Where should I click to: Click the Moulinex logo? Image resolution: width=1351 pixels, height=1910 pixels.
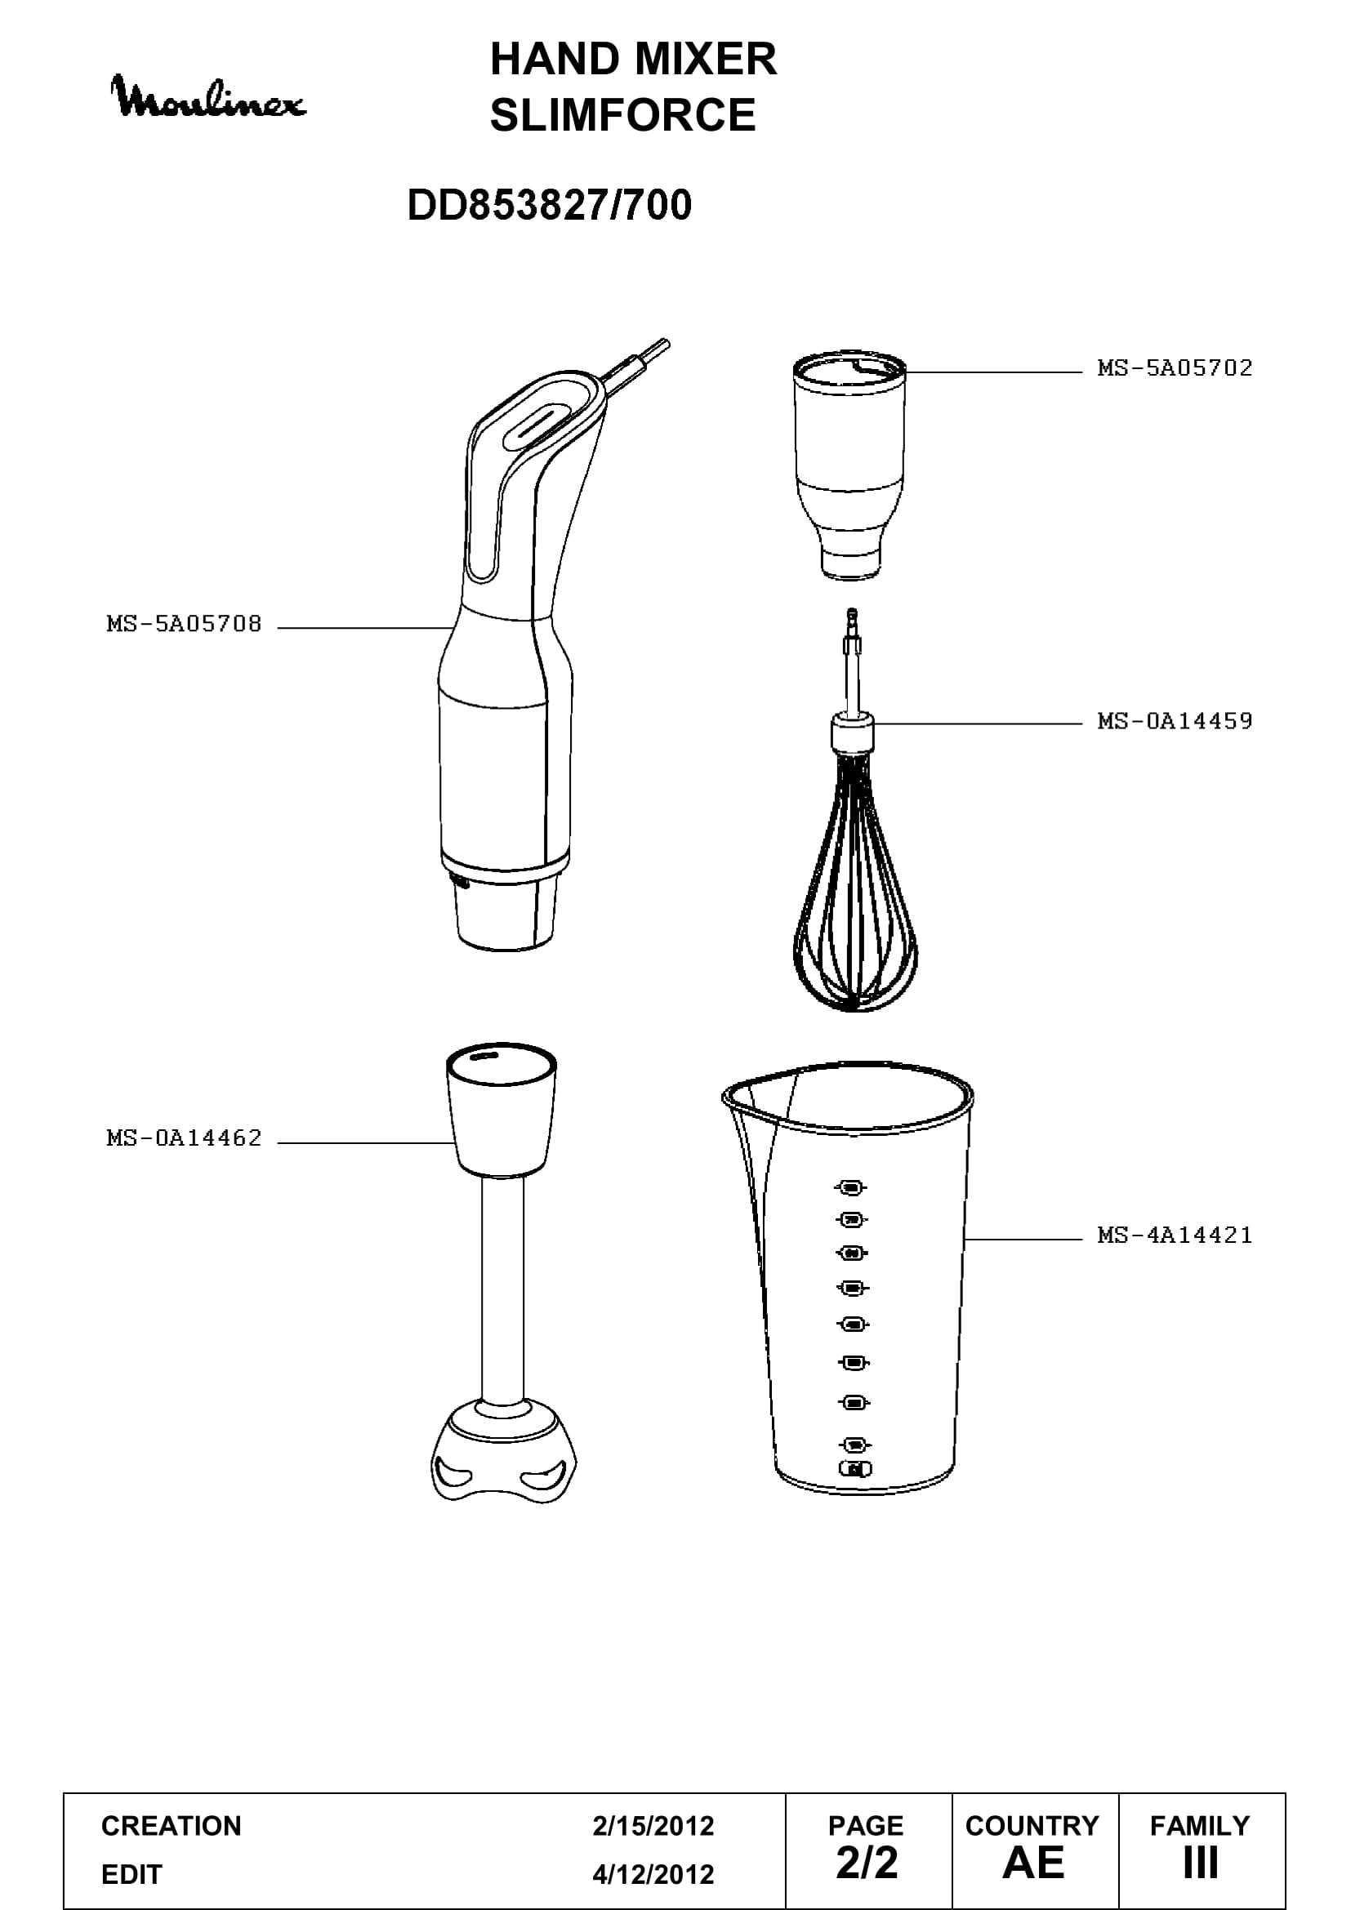point(208,98)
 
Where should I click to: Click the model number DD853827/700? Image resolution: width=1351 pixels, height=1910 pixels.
point(549,205)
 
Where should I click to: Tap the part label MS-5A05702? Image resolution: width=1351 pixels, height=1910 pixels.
point(1175,367)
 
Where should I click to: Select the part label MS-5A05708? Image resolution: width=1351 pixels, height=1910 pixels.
point(184,624)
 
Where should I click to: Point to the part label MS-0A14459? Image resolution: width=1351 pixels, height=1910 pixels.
point(1175,720)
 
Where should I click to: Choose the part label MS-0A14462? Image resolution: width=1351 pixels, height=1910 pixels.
point(184,1138)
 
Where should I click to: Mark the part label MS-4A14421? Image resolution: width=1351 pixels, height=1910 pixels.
point(1175,1235)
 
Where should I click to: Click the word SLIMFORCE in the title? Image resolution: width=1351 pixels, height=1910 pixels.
point(622,115)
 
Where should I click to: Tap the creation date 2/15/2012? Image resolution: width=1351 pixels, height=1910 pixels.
point(653,1826)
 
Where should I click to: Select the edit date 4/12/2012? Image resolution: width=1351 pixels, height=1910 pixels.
point(653,1874)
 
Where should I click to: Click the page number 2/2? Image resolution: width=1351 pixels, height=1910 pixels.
point(867,1863)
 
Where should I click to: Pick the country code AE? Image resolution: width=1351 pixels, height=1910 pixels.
point(1033,1863)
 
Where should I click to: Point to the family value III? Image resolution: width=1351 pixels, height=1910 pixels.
point(1201,1863)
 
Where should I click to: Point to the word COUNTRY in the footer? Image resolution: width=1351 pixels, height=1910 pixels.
point(1032,1826)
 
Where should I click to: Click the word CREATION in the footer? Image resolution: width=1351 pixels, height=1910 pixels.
point(172,1826)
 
